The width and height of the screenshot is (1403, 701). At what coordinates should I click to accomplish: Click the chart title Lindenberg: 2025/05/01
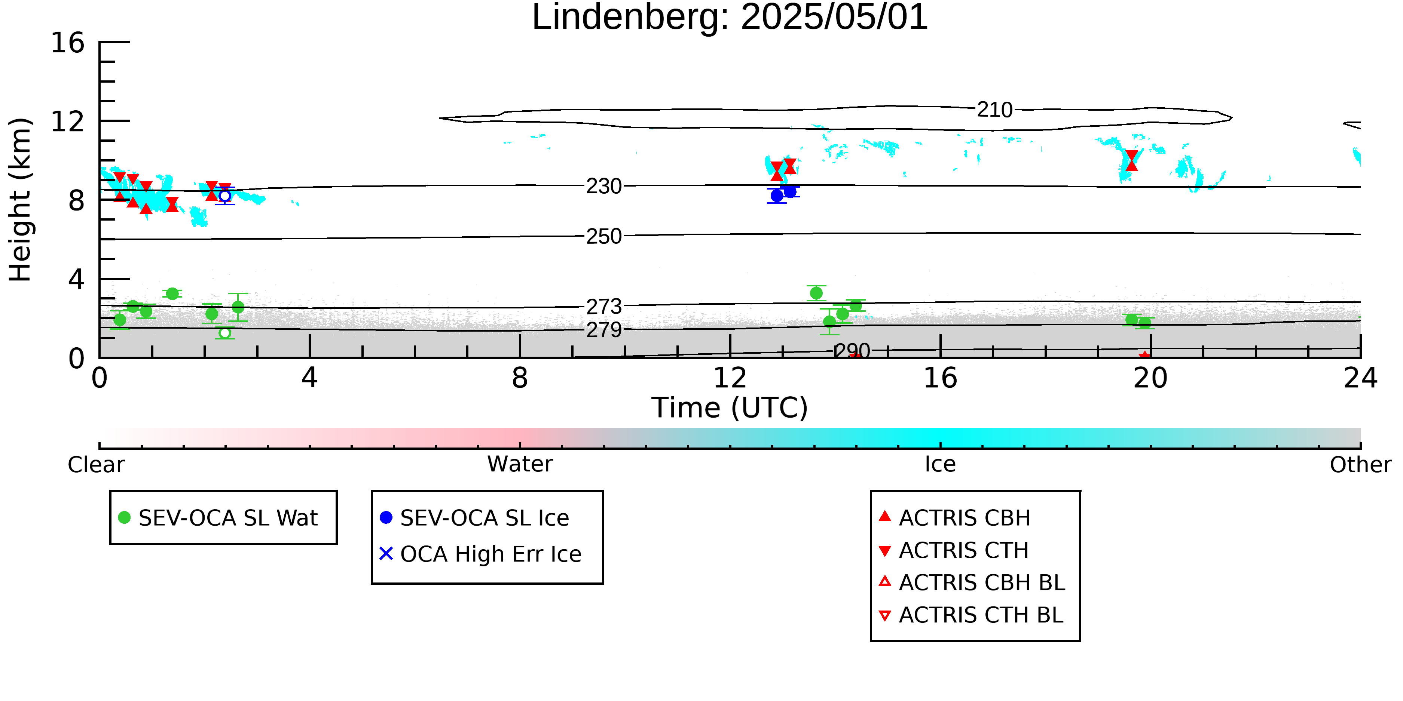pyautogui.click(x=730, y=18)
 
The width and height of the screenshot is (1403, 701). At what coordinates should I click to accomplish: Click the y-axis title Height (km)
pyautogui.click(x=21, y=200)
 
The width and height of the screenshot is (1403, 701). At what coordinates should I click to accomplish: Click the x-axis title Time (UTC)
pyautogui.click(x=730, y=408)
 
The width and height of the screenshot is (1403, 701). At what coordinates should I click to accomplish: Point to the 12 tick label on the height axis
pyautogui.click(x=68, y=122)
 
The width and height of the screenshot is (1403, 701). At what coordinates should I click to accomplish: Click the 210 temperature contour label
pyautogui.click(x=994, y=110)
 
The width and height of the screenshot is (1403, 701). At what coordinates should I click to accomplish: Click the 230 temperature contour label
pyautogui.click(x=604, y=186)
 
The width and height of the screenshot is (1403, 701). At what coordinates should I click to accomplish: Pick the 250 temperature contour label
pyautogui.click(x=604, y=236)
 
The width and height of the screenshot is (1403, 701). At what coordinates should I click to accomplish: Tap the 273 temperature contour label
pyautogui.click(x=604, y=307)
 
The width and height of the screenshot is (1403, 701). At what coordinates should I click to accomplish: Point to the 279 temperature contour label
pyautogui.click(x=604, y=330)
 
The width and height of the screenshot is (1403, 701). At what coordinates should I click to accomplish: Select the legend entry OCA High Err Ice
pyautogui.click(x=481, y=554)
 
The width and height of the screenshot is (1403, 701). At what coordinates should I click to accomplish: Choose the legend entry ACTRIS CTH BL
pyautogui.click(x=972, y=615)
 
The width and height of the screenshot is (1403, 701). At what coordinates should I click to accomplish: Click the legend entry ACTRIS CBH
pyautogui.click(x=955, y=517)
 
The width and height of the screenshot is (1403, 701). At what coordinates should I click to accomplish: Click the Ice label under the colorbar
pyautogui.click(x=940, y=464)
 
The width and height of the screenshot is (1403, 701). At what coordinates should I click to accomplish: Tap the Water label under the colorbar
pyautogui.click(x=520, y=464)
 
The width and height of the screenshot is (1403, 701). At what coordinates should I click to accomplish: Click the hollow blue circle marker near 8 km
pyautogui.click(x=225, y=196)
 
